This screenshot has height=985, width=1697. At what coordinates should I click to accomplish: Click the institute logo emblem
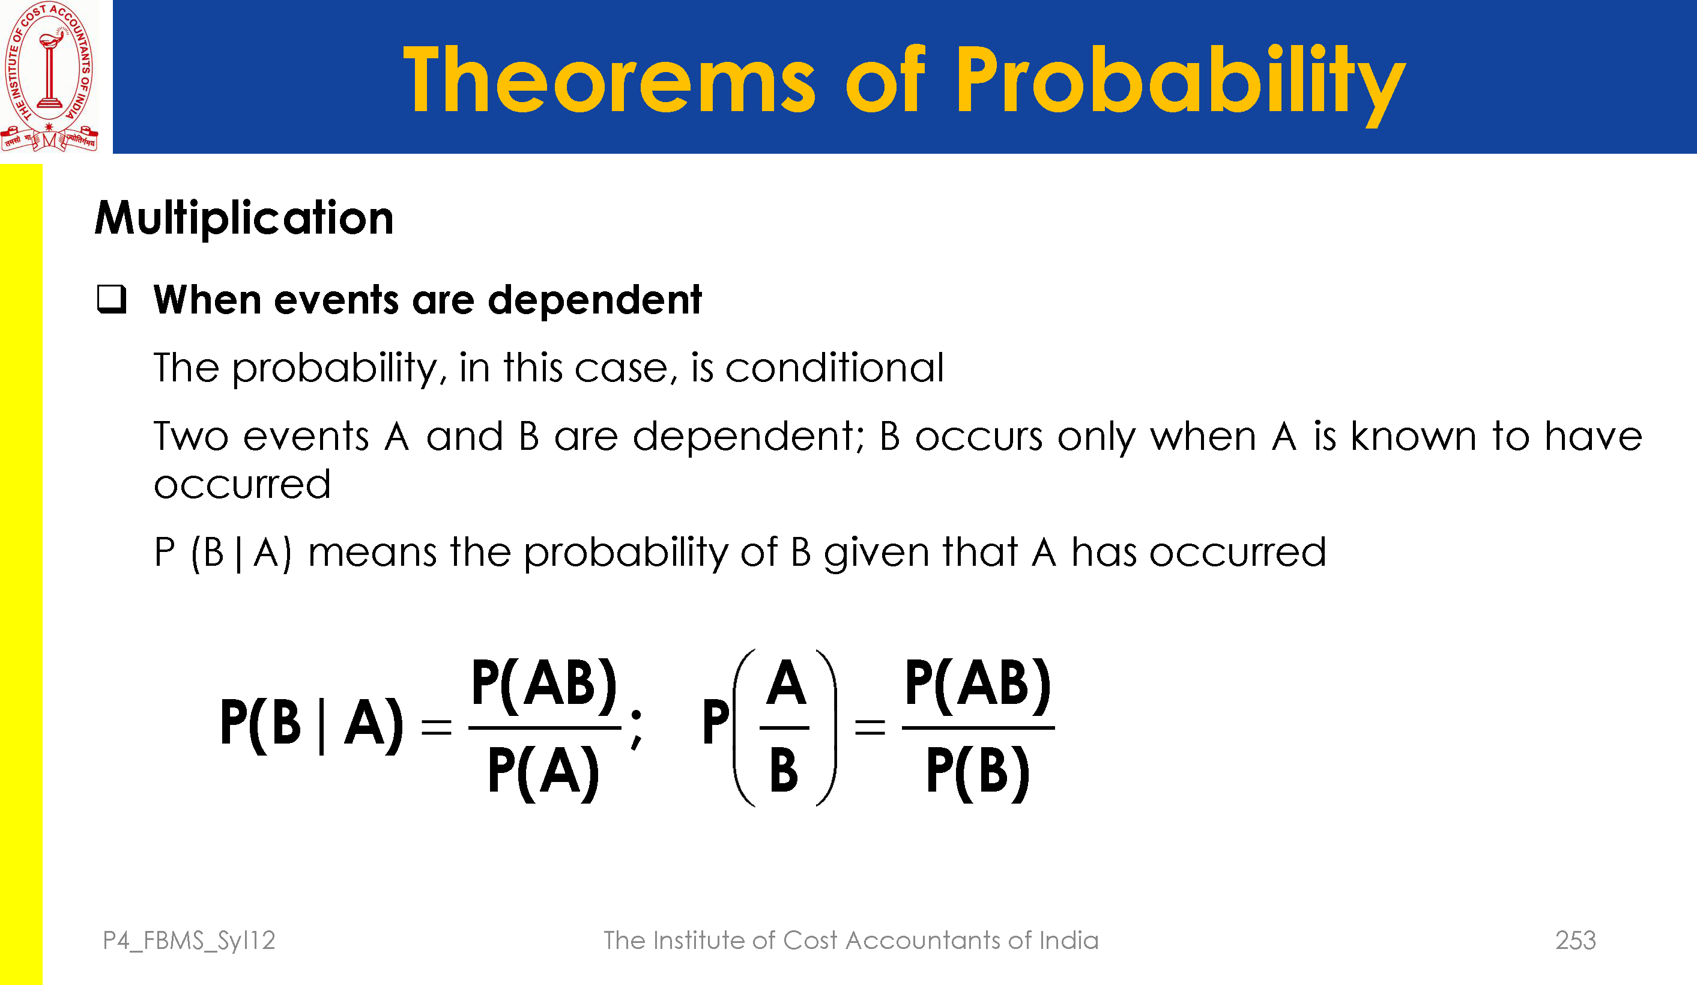(50, 76)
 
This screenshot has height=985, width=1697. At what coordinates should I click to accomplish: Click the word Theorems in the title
(610, 80)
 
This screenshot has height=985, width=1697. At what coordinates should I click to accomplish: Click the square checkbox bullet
(112, 299)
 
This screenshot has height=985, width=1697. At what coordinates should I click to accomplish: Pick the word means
(372, 553)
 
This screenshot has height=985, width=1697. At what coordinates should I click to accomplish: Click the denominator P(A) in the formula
(543, 773)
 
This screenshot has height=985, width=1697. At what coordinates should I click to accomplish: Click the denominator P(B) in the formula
(978, 773)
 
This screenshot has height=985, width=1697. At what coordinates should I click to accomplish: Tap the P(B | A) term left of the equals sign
(312, 725)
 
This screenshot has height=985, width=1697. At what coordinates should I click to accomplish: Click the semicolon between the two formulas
(637, 729)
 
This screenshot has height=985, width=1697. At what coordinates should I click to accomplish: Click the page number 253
(1575, 940)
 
